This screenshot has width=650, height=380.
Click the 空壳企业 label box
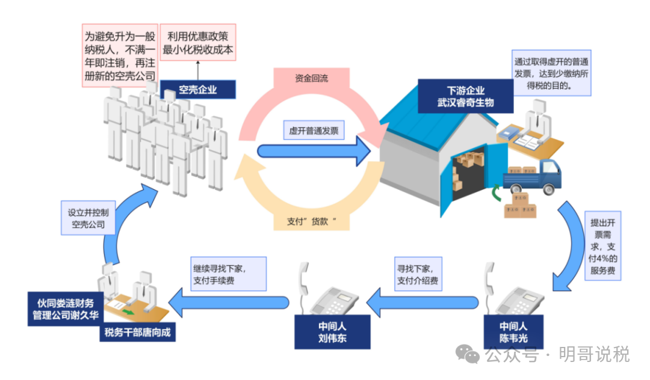[x=198, y=90]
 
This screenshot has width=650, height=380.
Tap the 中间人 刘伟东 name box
[x=332, y=331]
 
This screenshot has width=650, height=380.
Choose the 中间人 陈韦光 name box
[x=514, y=331]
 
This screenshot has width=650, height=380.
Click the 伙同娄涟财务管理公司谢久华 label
[x=66, y=309]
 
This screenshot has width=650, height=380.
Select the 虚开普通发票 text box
[x=314, y=130]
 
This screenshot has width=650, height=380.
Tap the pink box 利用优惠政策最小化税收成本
[x=197, y=42]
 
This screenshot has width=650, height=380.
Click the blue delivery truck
[x=533, y=176]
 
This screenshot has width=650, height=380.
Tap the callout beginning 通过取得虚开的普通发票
[x=551, y=73]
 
